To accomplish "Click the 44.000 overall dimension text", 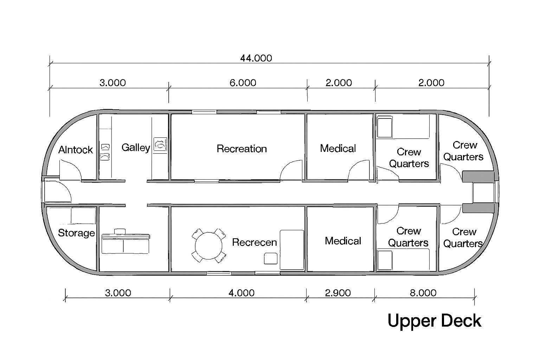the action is [x=256, y=58].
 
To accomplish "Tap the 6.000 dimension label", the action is [x=243, y=83].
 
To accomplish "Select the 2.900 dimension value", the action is [x=338, y=293].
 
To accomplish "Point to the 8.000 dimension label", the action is [x=423, y=293].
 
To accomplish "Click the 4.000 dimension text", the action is [x=242, y=293].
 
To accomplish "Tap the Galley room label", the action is [x=136, y=148].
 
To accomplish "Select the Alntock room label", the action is [x=76, y=150].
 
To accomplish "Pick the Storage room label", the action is [x=76, y=233].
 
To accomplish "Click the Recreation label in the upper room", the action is [x=242, y=148].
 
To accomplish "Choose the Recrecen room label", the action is [x=254, y=242].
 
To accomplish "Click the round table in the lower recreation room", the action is [x=208, y=246].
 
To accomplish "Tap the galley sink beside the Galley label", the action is [x=160, y=144].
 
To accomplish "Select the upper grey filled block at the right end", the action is [x=478, y=176].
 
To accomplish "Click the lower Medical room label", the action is [x=343, y=241].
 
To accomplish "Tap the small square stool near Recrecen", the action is [x=270, y=258].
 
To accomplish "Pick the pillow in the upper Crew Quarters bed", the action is [x=385, y=127].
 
